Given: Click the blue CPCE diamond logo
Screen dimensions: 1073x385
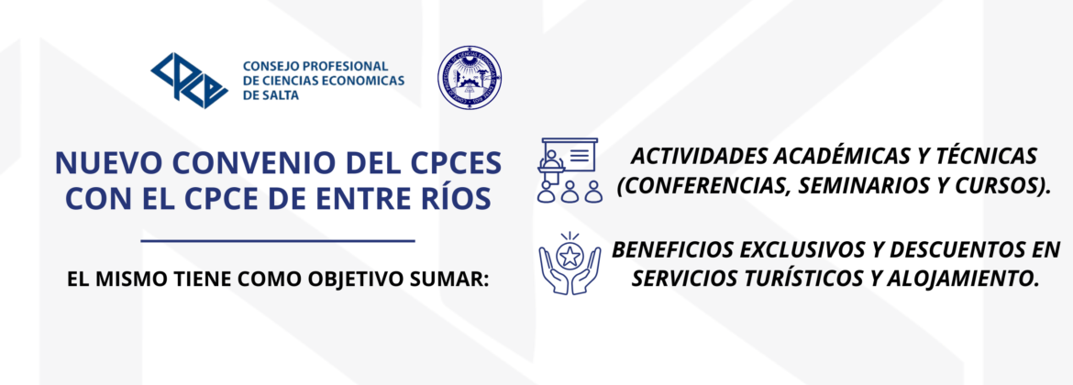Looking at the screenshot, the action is [190, 80].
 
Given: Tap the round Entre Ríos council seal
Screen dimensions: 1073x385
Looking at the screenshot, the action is [470, 79].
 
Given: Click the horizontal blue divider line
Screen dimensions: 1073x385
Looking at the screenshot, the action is [278, 241].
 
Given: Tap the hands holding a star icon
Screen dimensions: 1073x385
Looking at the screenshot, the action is [570, 263].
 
